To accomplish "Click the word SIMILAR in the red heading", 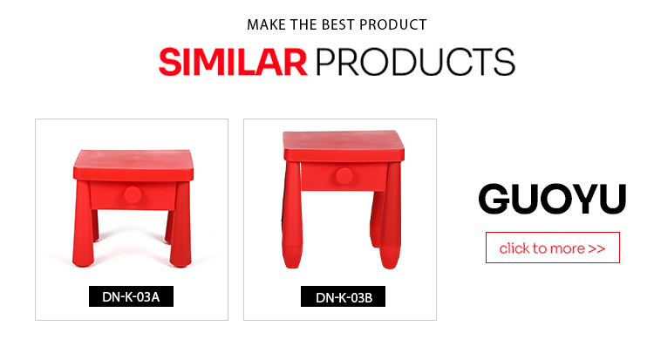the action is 233,62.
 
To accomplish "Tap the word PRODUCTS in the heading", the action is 415,62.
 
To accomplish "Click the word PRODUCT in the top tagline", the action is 393,24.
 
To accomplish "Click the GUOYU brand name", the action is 552,199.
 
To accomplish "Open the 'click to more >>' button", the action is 553,248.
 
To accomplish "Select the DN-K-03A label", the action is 131,296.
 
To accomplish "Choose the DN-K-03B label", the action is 344,296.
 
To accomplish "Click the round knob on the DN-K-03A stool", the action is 133,194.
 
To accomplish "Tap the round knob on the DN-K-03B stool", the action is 344,175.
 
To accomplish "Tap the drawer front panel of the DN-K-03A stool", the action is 133,195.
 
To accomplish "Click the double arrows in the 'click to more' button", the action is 596,248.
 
